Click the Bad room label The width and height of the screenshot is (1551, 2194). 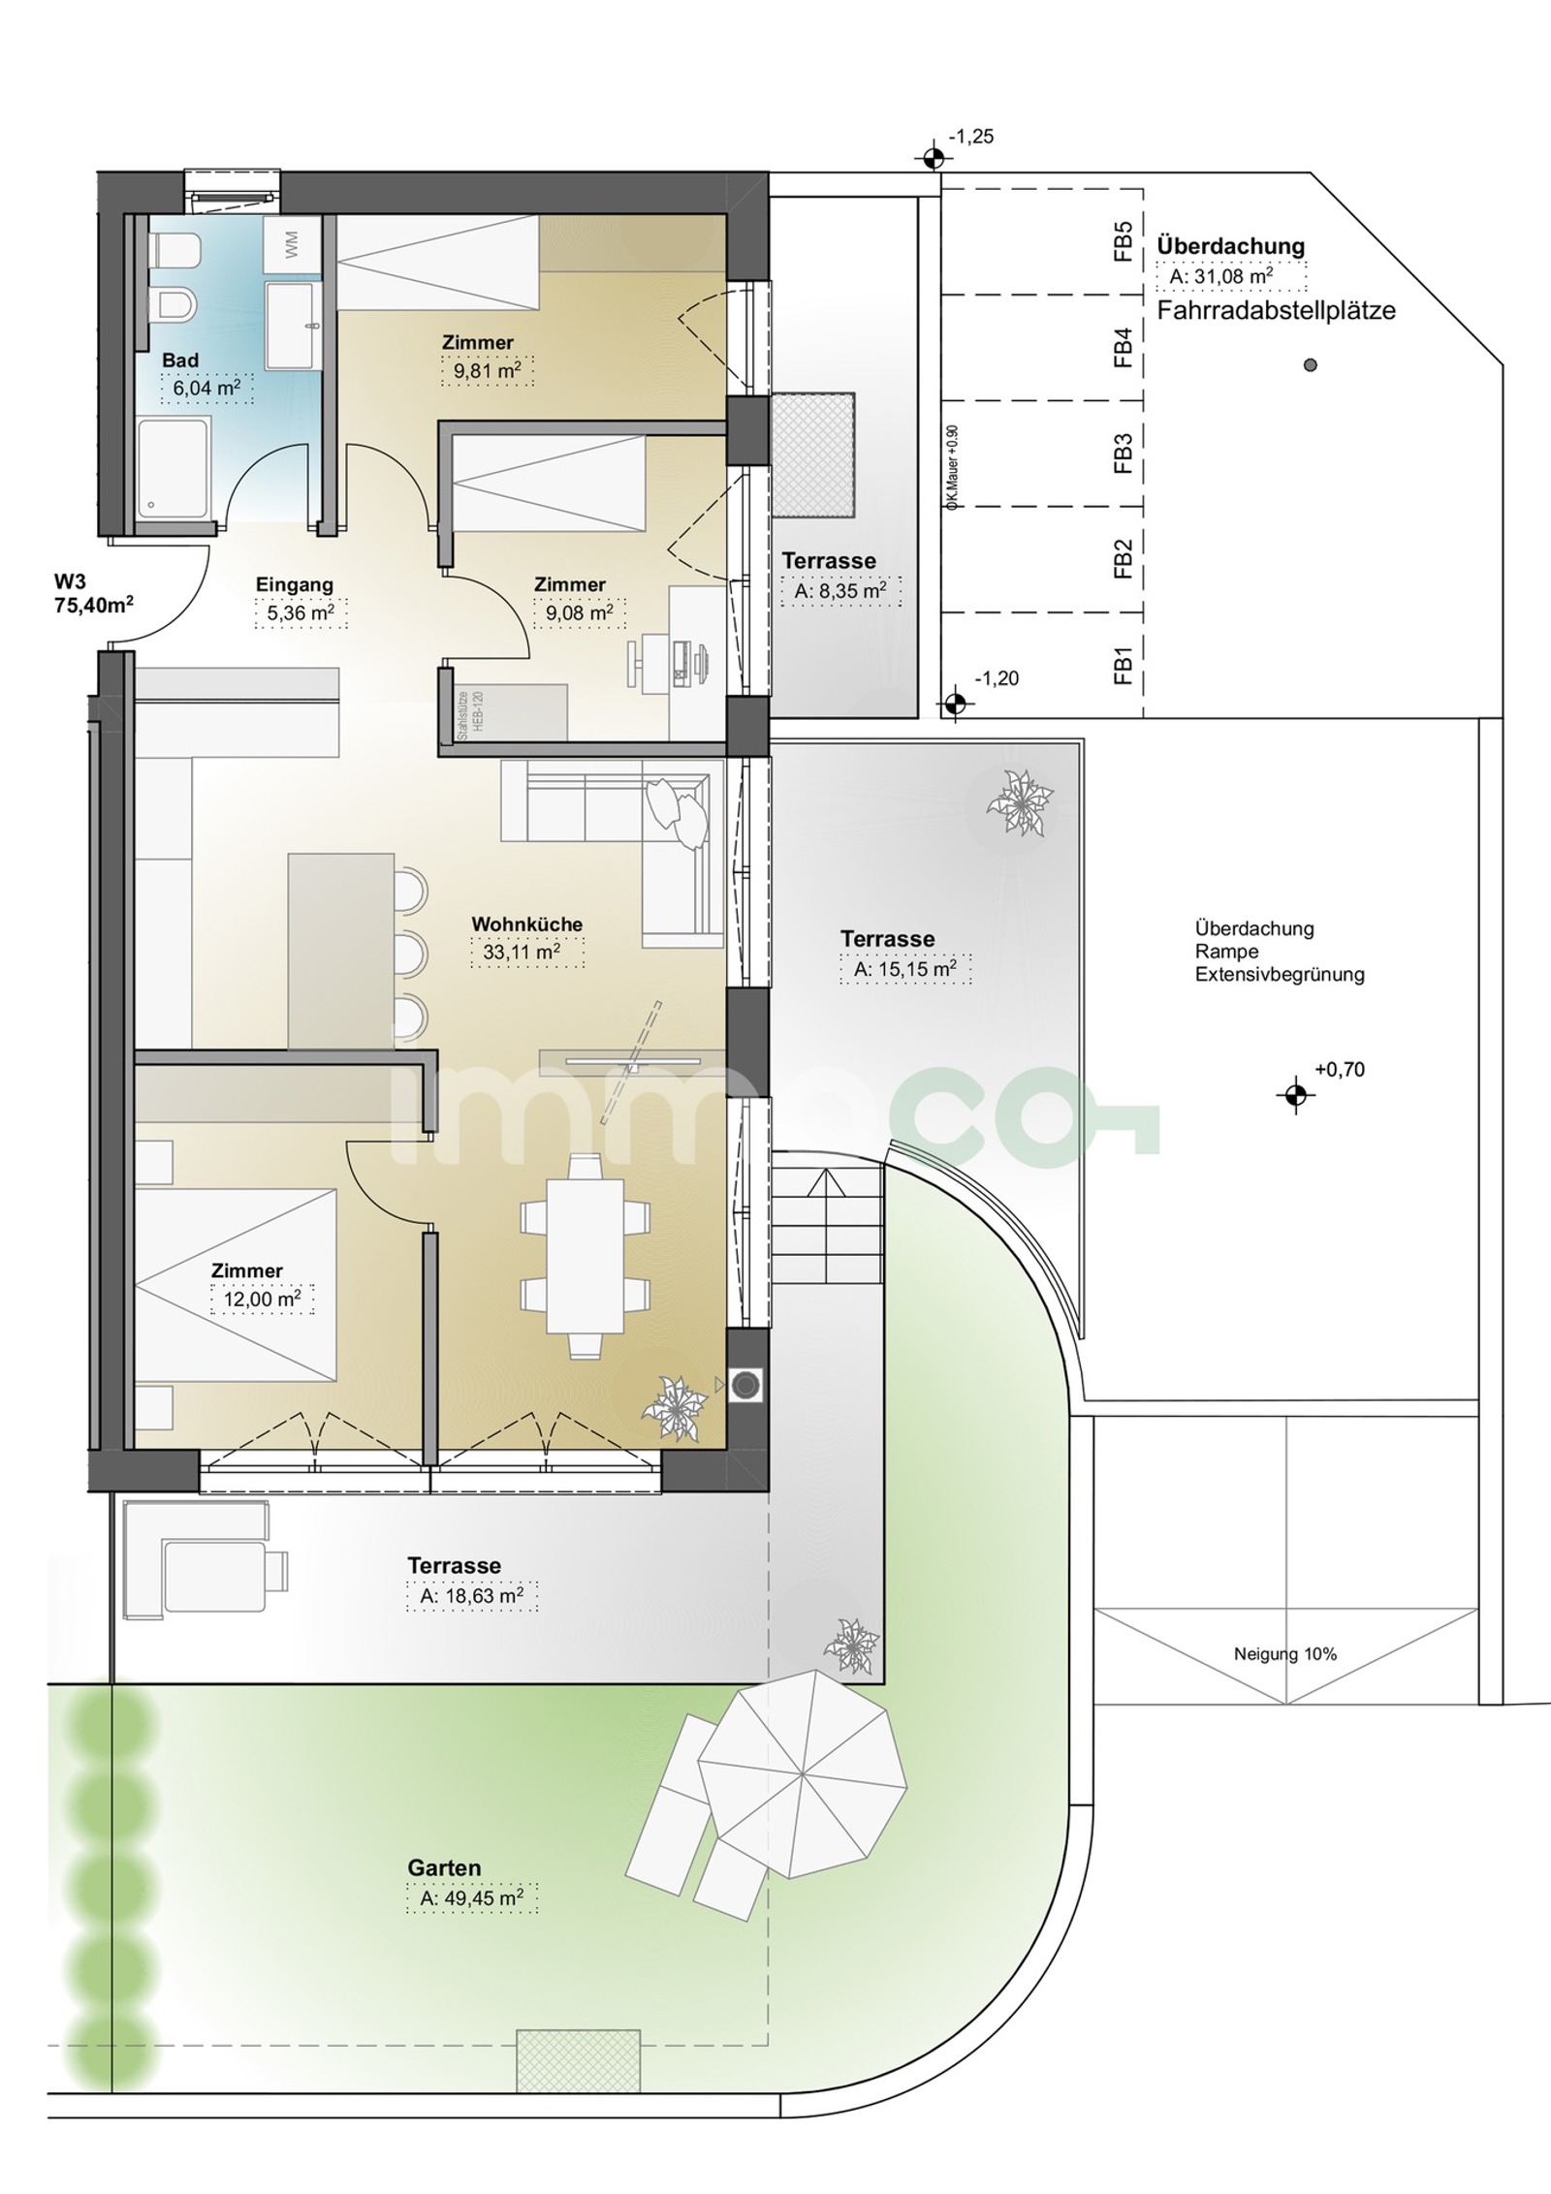(180, 360)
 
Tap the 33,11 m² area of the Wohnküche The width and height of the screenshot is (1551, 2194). (521, 954)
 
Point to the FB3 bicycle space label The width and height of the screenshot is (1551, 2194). (1124, 453)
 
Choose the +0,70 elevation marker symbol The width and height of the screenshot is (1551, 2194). (1295, 1095)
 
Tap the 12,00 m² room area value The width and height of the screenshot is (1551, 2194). (262, 1299)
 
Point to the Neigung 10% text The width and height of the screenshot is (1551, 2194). (1285, 1653)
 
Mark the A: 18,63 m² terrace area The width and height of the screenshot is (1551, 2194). (473, 1596)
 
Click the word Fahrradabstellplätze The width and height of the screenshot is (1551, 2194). (1277, 311)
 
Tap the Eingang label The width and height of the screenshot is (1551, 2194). (295, 584)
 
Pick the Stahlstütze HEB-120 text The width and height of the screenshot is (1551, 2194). (469, 715)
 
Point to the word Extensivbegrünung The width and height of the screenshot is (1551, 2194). (1280, 975)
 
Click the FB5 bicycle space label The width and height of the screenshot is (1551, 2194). (1124, 242)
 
